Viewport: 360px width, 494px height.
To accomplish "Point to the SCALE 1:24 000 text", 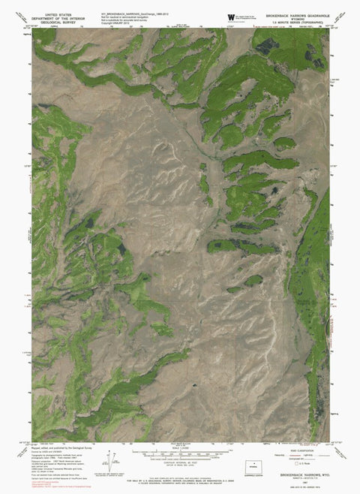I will (180, 450).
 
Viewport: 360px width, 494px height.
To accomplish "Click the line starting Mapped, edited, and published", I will (56, 448).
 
